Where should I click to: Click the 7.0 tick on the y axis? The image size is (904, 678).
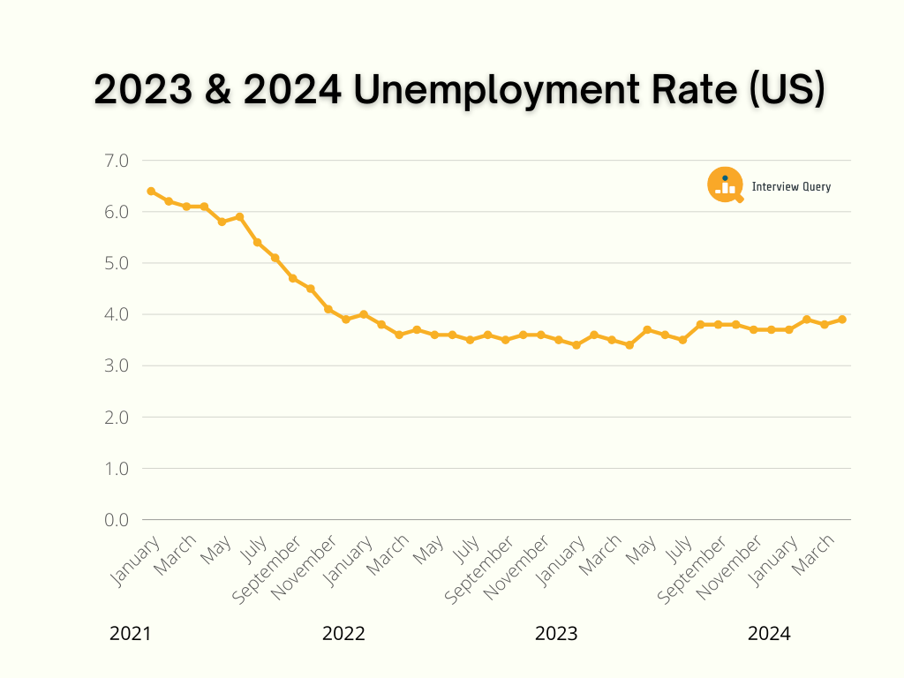(117, 161)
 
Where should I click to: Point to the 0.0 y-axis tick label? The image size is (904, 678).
(117, 519)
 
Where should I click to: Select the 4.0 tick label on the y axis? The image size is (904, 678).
(117, 314)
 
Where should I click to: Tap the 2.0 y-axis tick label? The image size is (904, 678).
(117, 417)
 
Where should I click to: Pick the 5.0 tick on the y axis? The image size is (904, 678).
(117, 263)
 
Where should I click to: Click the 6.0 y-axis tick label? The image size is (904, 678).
(117, 212)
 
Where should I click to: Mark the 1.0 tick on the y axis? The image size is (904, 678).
(117, 468)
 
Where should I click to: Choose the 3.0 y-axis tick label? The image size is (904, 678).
(117, 365)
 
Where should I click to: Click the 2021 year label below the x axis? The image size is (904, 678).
(131, 634)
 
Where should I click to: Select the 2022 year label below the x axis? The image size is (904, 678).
(343, 634)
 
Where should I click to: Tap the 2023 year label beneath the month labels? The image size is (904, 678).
(556, 634)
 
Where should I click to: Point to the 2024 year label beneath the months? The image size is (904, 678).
(769, 634)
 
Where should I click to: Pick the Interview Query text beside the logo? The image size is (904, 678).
(791, 186)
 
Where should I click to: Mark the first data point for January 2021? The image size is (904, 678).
(151, 191)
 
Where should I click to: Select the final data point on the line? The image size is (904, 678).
(842, 320)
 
